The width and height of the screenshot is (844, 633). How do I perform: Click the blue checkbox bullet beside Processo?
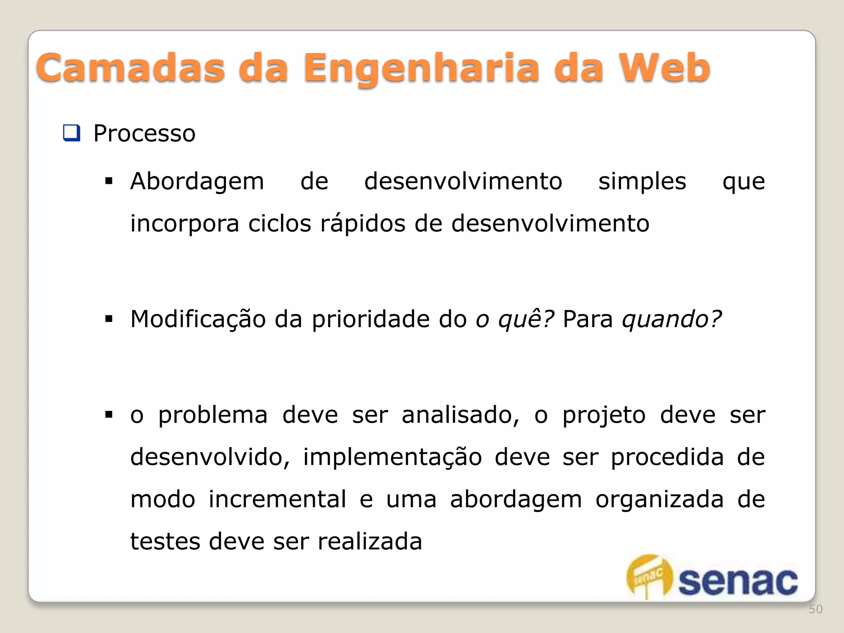(71, 133)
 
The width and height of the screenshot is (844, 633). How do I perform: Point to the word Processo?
(144, 134)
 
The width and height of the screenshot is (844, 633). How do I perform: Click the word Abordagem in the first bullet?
(197, 181)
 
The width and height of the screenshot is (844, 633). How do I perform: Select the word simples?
(642, 181)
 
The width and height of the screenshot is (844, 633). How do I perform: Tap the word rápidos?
(363, 223)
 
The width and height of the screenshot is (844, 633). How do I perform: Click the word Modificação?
(198, 319)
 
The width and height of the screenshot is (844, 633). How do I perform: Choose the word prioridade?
(370, 319)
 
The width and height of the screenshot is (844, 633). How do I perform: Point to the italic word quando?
(672, 319)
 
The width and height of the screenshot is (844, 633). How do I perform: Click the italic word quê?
(526, 319)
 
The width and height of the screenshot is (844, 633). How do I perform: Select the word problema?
(213, 415)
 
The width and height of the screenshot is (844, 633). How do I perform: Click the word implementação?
(392, 457)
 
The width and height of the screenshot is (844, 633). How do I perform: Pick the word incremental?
(277, 499)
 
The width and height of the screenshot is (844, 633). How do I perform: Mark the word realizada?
(370, 542)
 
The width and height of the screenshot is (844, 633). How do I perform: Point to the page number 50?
(816, 609)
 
